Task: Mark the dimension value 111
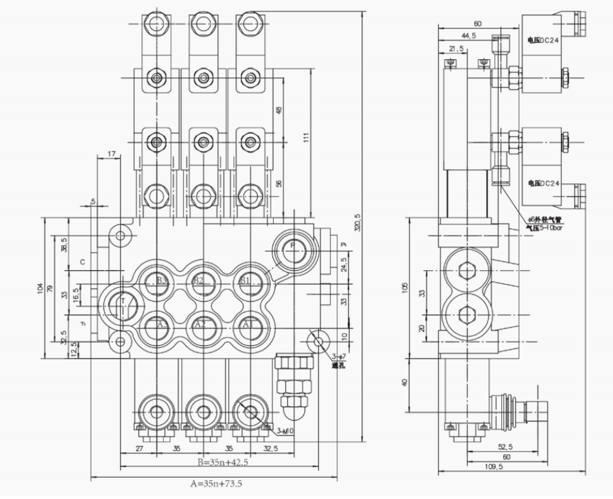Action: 306,138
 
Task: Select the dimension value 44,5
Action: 468,36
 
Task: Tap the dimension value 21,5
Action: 456,49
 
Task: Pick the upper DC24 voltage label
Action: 544,40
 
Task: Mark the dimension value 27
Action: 139,448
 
